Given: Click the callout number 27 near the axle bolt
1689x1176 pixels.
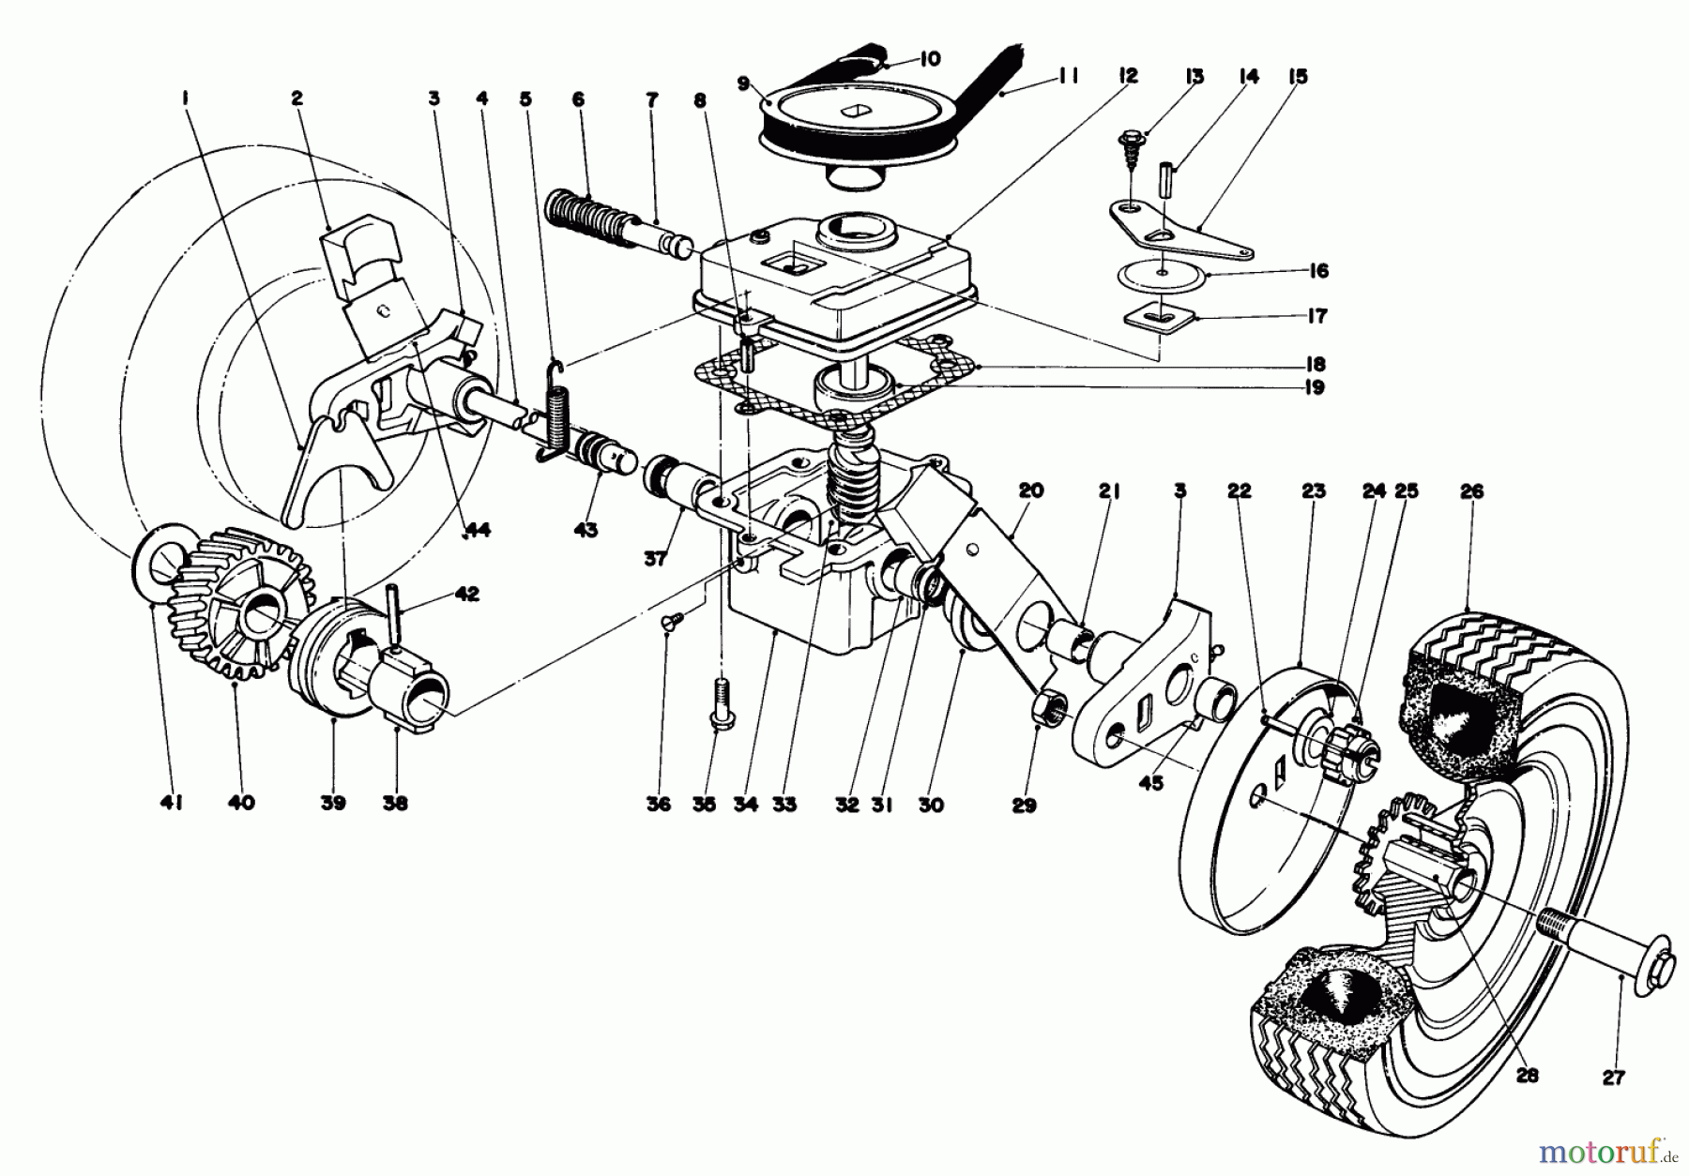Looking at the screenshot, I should click(1613, 1078).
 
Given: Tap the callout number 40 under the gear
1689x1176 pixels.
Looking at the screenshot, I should click(241, 803).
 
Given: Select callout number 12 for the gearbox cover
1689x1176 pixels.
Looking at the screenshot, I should click(1128, 76).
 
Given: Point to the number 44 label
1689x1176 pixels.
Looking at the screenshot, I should click(479, 530).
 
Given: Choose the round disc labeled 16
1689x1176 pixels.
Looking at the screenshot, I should click(1162, 272).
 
